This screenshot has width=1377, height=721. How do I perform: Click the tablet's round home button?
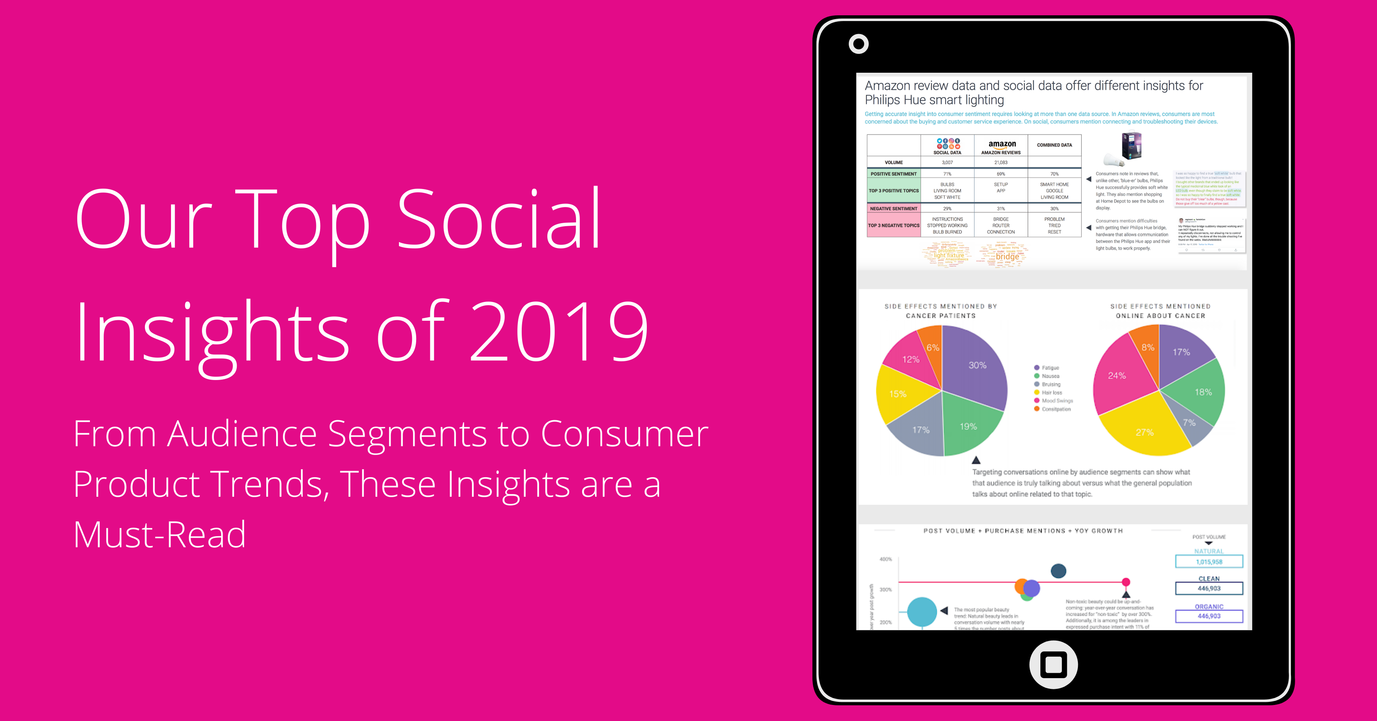(x=1053, y=664)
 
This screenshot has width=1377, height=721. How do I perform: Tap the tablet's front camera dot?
(x=858, y=44)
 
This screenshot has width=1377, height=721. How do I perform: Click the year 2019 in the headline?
(x=558, y=332)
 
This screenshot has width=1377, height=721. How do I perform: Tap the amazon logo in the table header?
(x=1002, y=144)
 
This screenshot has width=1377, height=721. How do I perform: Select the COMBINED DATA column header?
(x=1054, y=145)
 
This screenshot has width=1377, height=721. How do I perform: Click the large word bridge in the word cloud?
(x=1007, y=257)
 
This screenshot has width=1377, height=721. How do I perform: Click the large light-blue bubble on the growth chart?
(x=921, y=611)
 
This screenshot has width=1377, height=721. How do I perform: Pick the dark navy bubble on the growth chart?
(x=1058, y=571)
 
